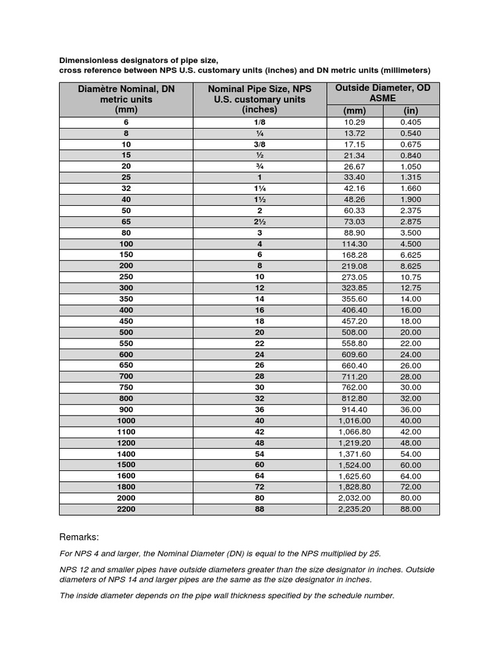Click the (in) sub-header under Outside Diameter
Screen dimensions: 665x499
click(411, 110)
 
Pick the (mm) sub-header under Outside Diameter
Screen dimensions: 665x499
click(355, 110)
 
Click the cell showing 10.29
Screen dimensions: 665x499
click(355, 122)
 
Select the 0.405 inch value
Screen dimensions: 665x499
click(411, 122)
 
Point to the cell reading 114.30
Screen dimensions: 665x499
click(355, 244)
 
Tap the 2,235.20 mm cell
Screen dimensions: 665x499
click(355, 509)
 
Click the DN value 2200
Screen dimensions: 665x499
click(126, 509)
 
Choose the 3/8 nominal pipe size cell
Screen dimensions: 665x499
click(259, 144)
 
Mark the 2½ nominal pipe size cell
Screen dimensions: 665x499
click(259, 221)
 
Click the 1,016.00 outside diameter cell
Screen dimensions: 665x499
click(355, 420)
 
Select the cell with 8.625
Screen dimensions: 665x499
click(411, 266)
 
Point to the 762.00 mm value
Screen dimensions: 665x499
click(355, 387)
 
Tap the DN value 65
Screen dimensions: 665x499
click(126, 221)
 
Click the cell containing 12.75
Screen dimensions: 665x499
click(411, 288)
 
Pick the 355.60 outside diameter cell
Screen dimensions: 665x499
click(355, 299)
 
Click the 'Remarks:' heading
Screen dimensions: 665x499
click(79, 538)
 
